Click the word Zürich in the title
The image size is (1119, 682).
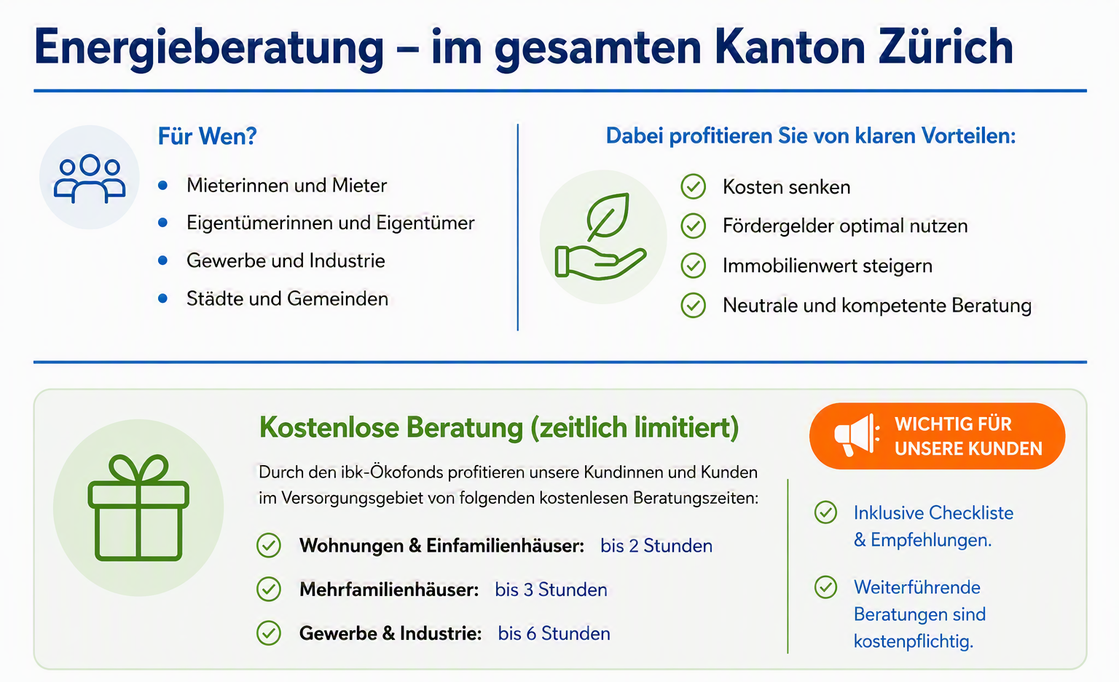[x=946, y=47]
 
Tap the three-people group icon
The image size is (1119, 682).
[x=90, y=178]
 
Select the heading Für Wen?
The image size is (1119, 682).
[x=208, y=136]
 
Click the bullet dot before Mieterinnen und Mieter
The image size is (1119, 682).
[x=163, y=186]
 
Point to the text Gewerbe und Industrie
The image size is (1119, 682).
[x=286, y=261]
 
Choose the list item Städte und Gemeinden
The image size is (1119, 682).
[x=287, y=298]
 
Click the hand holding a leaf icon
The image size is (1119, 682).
[x=601, y=236]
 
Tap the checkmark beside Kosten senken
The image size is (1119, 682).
[x=694, y=187]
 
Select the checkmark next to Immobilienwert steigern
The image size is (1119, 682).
[x=694, y=265]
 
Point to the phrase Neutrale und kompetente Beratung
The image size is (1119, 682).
[x=877, y=306]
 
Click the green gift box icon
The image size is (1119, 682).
[x=138, y=507]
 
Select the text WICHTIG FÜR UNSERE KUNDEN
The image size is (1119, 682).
[x=968, y=437]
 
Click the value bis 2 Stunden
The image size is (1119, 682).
[x=656, y=546]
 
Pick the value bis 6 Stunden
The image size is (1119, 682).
[x=554, y=633]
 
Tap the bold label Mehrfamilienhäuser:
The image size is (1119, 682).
[x=389, y=590]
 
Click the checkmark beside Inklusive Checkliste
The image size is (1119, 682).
[x=825, y=512]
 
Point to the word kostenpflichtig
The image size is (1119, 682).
[x=913, y=641]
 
